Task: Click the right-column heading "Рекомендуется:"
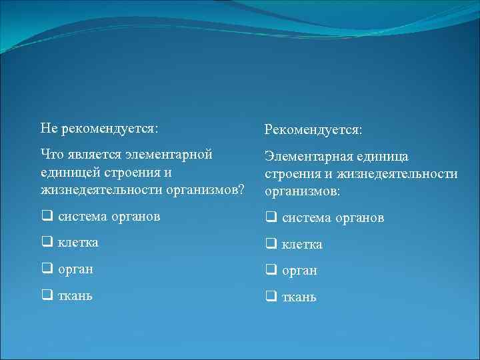point(313,129)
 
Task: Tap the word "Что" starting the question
point(51,155)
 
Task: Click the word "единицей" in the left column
point(67,173)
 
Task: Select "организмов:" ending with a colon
point(302,192)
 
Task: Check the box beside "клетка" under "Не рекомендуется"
point(47,243)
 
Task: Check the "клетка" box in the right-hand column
point(271,245)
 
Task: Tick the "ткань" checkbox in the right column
point(271,297)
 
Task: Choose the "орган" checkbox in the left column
point(47,269)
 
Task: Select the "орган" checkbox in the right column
point(271,271)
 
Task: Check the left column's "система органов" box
point(47,216)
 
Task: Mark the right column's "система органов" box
point(271,217)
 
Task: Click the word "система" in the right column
point(305,218)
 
